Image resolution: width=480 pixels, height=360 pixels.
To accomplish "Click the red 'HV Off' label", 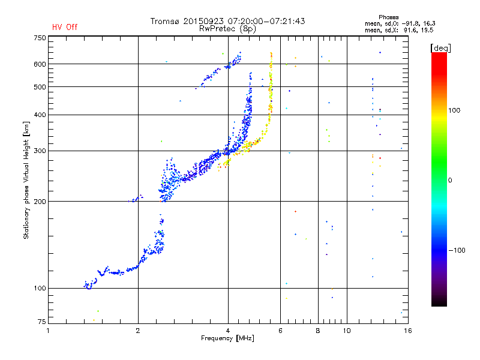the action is (65, 27).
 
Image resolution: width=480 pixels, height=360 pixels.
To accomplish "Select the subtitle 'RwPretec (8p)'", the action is (227, 29).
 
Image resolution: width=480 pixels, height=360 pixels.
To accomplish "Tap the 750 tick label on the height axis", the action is (40, 38).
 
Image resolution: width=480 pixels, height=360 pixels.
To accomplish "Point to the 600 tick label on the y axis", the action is (40, 64).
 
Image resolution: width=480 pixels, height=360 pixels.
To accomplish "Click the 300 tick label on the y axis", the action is (40, 151).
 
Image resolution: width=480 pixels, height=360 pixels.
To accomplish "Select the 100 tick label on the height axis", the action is (40, 288).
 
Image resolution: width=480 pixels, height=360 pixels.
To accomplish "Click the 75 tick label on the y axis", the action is (42, 322).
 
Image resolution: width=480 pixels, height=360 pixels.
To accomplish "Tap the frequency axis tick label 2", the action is (138, 331).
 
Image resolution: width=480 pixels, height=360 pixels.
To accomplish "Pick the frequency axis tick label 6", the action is (280, 331).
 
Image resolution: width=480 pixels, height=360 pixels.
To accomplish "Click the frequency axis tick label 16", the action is (408, 331).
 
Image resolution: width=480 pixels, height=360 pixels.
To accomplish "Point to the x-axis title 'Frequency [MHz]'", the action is (227, 338).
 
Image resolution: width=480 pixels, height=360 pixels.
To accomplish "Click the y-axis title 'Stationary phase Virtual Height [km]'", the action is (26, 180).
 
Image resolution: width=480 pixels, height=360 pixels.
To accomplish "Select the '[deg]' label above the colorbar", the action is (440, 48).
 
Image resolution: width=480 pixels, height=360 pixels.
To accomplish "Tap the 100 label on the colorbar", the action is (454, 110).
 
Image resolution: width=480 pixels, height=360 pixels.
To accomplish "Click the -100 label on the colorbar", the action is (457, 250).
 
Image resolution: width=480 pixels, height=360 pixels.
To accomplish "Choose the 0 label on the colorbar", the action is (450, 181).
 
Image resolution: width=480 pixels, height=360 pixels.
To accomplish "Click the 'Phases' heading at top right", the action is (388, 17).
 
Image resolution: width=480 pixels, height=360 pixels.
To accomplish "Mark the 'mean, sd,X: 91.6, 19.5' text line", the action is (399, 30).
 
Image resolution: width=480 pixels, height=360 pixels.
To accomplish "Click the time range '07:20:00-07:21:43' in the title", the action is (266, 21).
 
